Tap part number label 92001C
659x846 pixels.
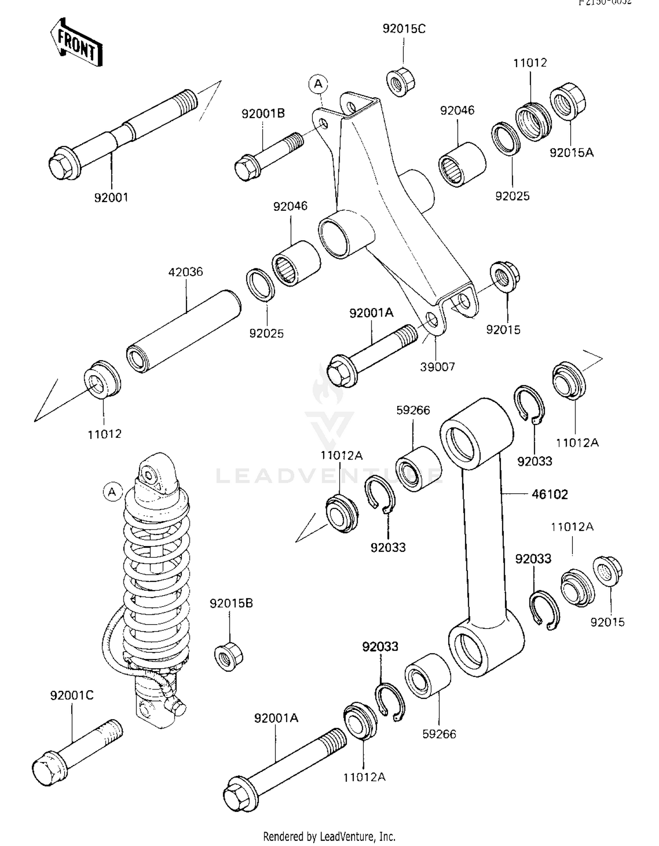[72, 695]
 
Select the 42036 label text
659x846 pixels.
[185, 272]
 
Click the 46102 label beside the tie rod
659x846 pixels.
[550, 494]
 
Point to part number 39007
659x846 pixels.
[437, 367]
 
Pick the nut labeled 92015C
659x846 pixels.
[401, 82]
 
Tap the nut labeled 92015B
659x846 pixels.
[228, 656]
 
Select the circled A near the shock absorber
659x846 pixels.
[112, 492]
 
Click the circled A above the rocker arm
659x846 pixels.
[319, 83]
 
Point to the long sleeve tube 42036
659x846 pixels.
[184, 332]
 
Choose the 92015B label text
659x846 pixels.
[231, 603]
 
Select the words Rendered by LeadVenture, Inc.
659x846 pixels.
[329, 836]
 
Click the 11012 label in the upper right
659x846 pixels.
[530, 63]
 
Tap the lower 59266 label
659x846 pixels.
[439, 734]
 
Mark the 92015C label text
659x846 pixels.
[404, 29]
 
